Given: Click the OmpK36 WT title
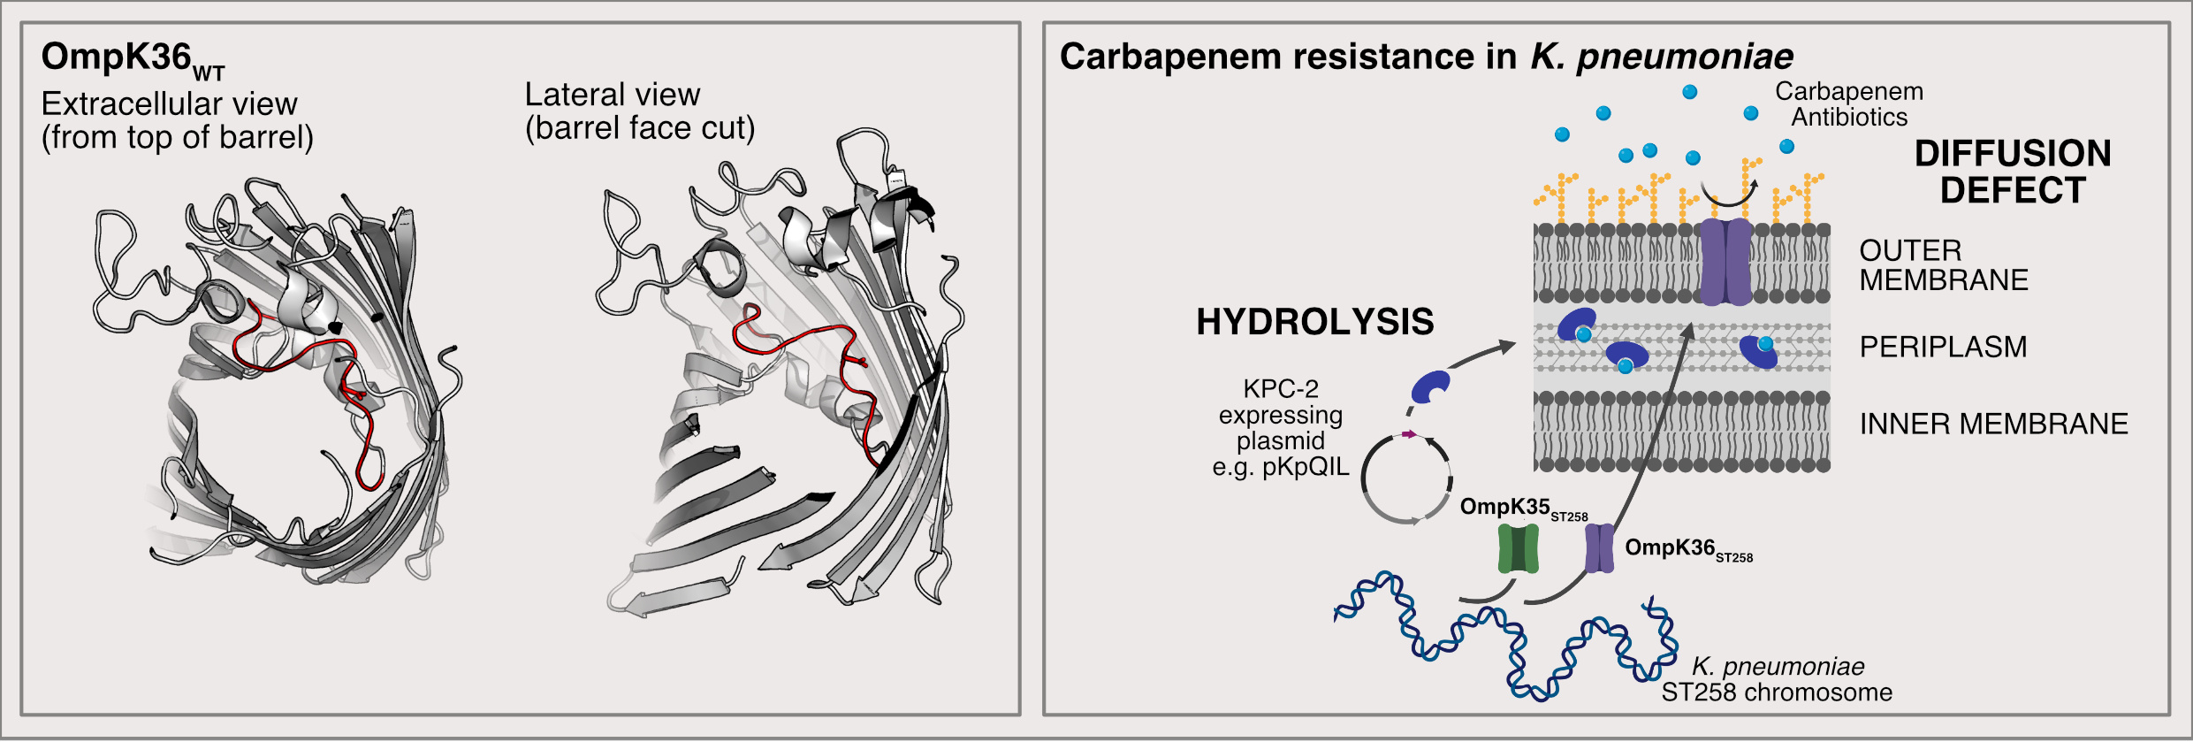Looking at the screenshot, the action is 133,60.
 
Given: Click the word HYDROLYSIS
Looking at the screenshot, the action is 1314,322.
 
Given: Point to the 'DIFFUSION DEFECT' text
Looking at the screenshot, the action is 2013,172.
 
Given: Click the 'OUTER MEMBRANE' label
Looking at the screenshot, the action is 1944,265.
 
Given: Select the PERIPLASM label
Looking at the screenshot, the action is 1943,347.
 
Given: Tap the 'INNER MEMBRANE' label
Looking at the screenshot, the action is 1993,424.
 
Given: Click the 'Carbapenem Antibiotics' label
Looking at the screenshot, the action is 1849,104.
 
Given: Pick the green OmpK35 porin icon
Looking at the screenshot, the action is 1519,548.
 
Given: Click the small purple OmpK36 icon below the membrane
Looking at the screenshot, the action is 1600,548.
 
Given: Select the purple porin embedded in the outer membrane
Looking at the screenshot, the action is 1726,262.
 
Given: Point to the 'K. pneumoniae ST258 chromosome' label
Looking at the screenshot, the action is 1777,679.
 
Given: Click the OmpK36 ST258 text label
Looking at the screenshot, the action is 1688,550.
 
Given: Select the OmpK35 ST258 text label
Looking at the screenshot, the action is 1524,509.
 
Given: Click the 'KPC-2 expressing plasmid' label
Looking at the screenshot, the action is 1281,428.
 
